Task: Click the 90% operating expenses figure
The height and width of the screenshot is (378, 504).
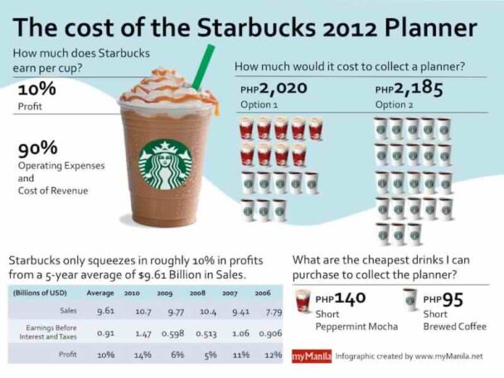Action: click(x=37, y=148)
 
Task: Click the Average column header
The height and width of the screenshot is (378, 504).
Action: click(x=99, y=293)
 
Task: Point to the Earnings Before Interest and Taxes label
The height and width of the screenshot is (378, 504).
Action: click(x=48, y=332)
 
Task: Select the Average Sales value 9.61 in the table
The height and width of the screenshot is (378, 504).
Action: click(x=105, y=312)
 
